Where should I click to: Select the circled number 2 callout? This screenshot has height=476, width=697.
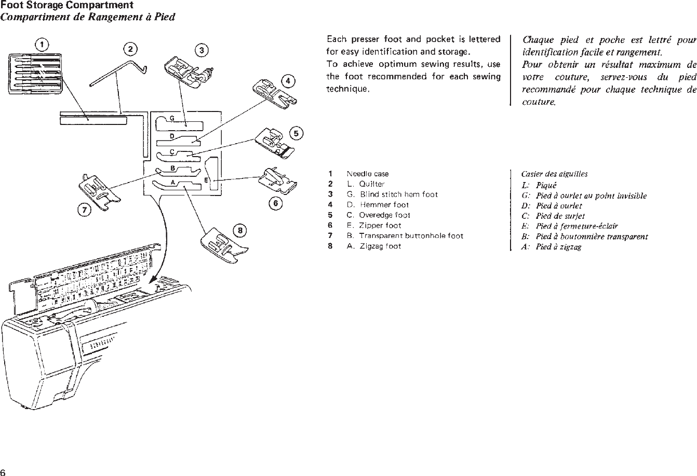pyautogui.click(x=130, y=49)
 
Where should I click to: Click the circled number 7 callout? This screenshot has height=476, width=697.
pyautogui.click(x=84, y=210)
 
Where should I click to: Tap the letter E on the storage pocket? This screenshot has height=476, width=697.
pyautogui.click(x=206, y=180)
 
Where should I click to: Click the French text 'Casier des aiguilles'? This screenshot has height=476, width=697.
pyautogui.click(x=554, y=174)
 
